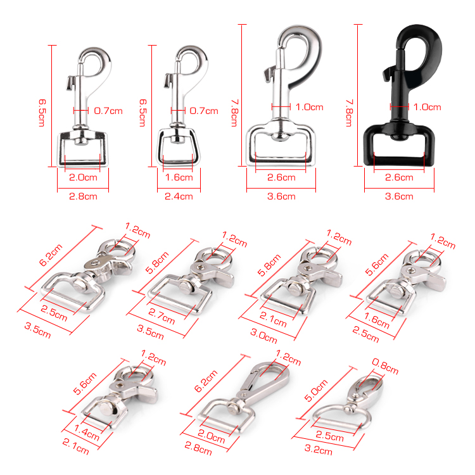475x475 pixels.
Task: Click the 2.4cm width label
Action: [179, 196]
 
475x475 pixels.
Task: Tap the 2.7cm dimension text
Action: [161, 316]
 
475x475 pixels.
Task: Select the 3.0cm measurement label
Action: [263, 336]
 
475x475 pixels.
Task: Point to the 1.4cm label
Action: [87, 433]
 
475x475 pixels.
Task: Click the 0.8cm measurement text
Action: [384, 366]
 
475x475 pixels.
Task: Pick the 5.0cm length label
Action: [315, 391]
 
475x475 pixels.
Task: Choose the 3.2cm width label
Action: [318, 450]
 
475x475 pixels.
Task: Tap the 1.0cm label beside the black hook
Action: [427, 107]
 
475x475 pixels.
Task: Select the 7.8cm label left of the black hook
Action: [349, 113]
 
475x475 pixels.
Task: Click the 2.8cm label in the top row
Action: [83, 196]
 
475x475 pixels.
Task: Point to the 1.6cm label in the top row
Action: [179, 177]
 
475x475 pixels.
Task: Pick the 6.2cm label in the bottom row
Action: [206, 381]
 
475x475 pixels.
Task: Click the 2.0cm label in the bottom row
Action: [211, 436]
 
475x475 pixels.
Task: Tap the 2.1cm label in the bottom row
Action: [76, 447]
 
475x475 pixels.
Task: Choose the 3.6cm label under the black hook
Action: [399, 196]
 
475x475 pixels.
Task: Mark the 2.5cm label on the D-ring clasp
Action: [329, 436]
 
